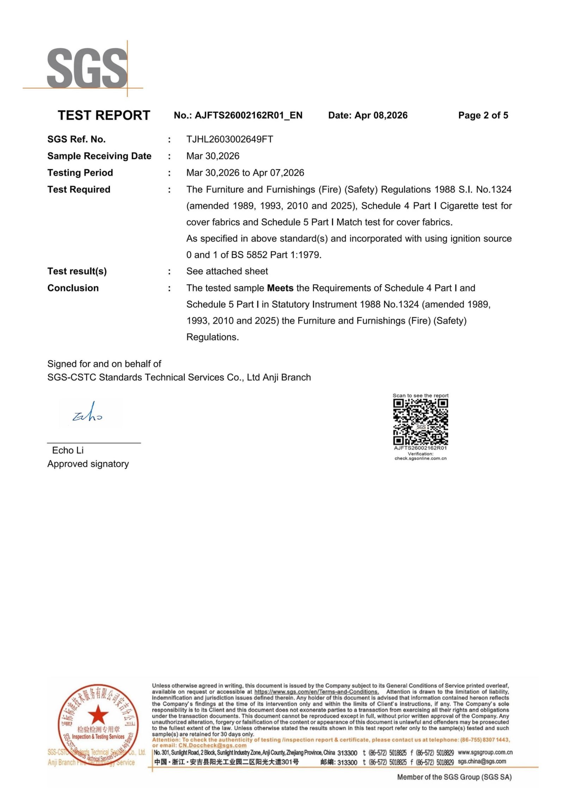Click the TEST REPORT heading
tap(104, 115)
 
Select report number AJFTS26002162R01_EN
tap(248, 115)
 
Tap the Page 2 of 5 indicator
tap(483, 115)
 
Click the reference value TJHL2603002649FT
tap(229, 139)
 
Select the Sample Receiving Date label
tap(99, 156)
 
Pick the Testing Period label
tap(80, 173)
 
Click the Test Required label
tap(79, 189)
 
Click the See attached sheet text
tap(227, 271)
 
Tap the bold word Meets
tap(280, 288)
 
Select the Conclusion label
tap(73, 288)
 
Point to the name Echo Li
tap(68, 450)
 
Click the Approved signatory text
tap(88, 464)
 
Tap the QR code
tap(420, 422)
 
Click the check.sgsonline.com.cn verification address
tap(420, 458)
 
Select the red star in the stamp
tap(98, 715)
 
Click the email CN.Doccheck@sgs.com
tap(212, 745)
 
